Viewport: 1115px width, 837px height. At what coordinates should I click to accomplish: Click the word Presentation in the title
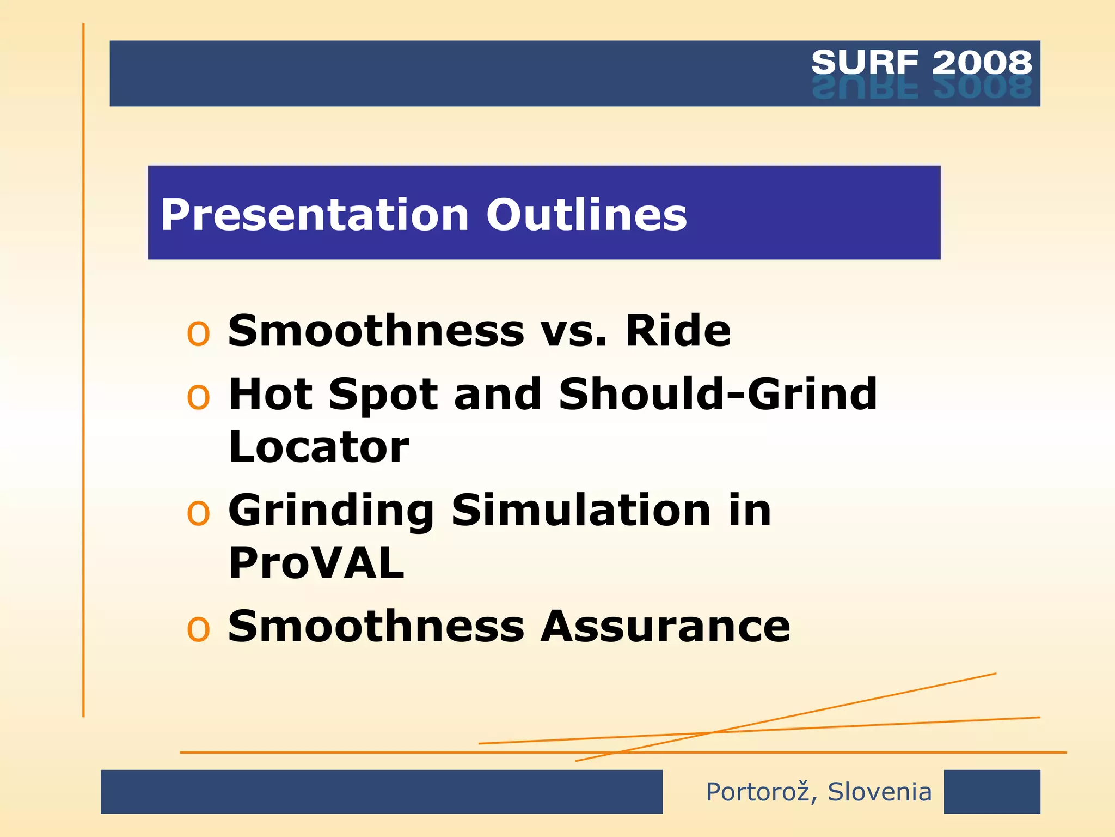(x=315, y=215)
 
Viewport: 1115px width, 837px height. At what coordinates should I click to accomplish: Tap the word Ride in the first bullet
(x=677, y=331)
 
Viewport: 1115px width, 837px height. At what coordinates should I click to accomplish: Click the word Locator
(x=318, y=447)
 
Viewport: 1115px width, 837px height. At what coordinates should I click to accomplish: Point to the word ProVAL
(x=316, y=563)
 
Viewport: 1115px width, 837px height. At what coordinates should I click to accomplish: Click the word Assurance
(x=665, y=627)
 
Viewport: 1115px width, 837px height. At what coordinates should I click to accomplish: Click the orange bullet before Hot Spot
(x=198, y=397)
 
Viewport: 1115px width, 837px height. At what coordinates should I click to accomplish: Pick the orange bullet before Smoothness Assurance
(x=198, y=629)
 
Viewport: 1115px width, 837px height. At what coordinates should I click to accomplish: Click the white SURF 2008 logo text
(x=921, y=62)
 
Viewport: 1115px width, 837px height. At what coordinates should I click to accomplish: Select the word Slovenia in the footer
(x=879, y=792)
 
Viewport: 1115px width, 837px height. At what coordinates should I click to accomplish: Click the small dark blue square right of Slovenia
(x=991, y=792)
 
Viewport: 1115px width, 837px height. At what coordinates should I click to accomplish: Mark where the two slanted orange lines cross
(x=711, y=733)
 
